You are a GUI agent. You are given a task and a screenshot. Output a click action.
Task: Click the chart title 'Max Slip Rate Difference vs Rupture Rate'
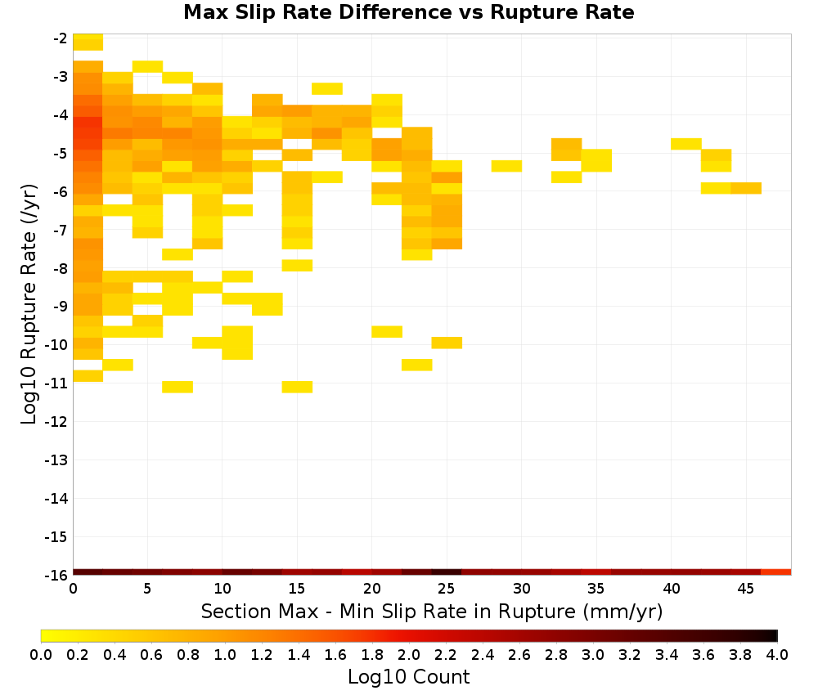[x=408, y=12]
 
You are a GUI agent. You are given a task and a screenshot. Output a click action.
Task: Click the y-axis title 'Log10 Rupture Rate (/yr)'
[x=29, y=304]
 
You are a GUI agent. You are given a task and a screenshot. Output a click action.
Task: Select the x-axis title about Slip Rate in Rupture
[x=432, y=611]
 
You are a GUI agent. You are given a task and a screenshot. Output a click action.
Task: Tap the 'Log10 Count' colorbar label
[x=408, y=677]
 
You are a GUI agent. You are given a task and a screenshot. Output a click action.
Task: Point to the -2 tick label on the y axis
[x=60, y=38]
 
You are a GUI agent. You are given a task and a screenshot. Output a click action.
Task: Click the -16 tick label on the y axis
[x=56, y=575]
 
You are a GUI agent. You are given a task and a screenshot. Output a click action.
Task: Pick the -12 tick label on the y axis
[x=56, y=422]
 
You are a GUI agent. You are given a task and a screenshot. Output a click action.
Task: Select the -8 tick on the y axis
[x=60, y=268]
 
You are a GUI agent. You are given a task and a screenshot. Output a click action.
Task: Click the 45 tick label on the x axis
[x=745, y=589]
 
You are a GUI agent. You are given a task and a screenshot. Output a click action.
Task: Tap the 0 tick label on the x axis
[x=73, y=589]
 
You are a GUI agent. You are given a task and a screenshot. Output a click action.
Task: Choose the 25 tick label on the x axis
[x=447, y=589]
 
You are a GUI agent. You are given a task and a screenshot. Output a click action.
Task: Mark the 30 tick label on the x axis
[x=521, y=589]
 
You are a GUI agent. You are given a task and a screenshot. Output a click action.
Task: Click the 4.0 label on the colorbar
[x=777, y=655]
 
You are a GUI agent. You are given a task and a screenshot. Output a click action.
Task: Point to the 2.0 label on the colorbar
[x=409, y=655]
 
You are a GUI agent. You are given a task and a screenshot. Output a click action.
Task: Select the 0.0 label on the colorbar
[x=41, y=655]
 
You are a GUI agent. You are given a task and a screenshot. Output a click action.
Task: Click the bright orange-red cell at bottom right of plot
[x=776, y=572]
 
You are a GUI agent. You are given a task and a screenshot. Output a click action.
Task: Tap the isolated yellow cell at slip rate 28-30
[x=506, y=166]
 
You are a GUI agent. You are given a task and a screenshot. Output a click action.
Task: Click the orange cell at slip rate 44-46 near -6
[x=746, y=188]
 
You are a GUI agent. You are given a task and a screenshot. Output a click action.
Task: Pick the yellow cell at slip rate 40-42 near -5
[x=686, y=144]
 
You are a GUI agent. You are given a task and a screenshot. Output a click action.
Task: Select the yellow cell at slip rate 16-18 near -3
[x=327, y=88]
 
